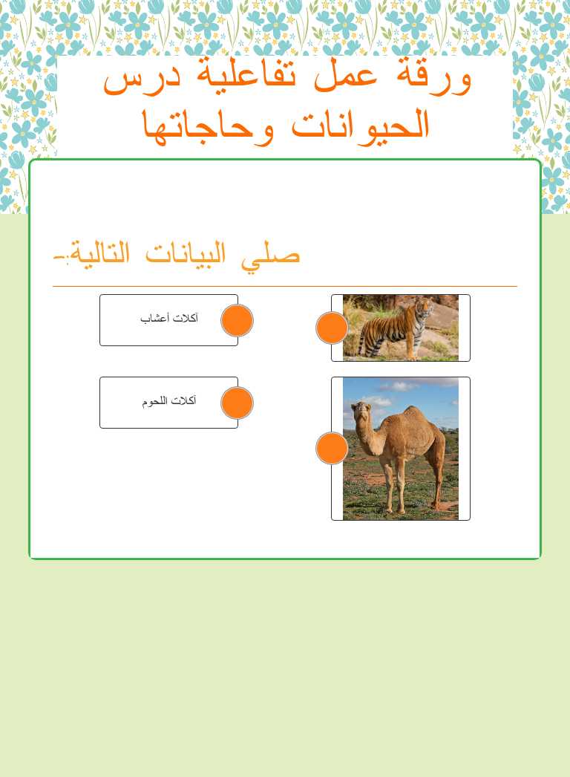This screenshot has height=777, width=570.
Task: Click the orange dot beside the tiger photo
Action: click(x=332, y=328)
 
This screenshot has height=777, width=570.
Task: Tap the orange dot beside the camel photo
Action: click(x=332, y=448)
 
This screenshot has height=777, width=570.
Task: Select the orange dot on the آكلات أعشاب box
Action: click(x=237, y=320)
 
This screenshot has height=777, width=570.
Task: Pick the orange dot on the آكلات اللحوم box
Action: click(x=237, y=403)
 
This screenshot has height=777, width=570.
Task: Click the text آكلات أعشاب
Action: click(x=169, y=319)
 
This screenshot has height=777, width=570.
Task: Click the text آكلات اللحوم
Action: click(x=169, y=401)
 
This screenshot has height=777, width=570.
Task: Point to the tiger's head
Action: click(x=425, y=307)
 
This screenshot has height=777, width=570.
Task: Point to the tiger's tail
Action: click(x=362, y=342)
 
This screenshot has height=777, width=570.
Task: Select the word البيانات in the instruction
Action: click(x=197, y=253)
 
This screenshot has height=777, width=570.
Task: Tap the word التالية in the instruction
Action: click(x=96, y=253)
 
